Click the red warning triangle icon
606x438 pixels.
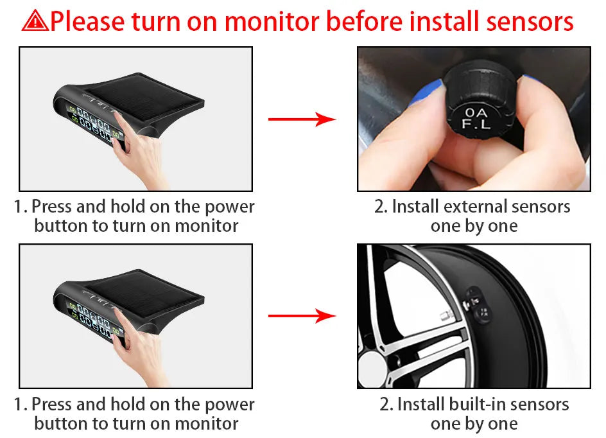(x=35, y=21)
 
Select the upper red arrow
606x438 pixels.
(x=302, y=119)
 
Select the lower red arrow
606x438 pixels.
(x=302, y=316)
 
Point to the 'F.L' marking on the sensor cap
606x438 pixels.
(x=476, y=125)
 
